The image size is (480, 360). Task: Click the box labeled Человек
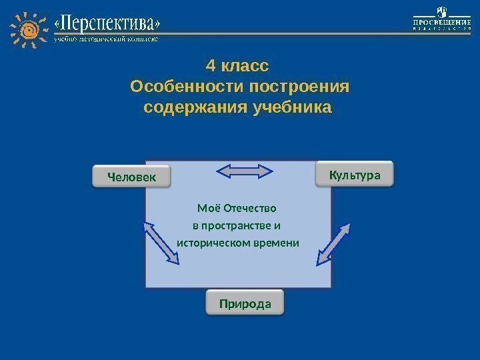[x=131, y=177]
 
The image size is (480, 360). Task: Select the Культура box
[x=355, y=175]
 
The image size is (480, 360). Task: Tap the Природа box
[x=245, y=303]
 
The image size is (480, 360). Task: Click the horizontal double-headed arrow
[x=245, y=171]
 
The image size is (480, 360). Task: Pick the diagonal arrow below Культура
[x=334, y=241]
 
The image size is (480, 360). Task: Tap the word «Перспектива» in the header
[x=107, y=25]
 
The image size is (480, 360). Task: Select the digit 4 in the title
[x=211, y=67]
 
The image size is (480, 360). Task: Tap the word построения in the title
[x=299, y=87]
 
